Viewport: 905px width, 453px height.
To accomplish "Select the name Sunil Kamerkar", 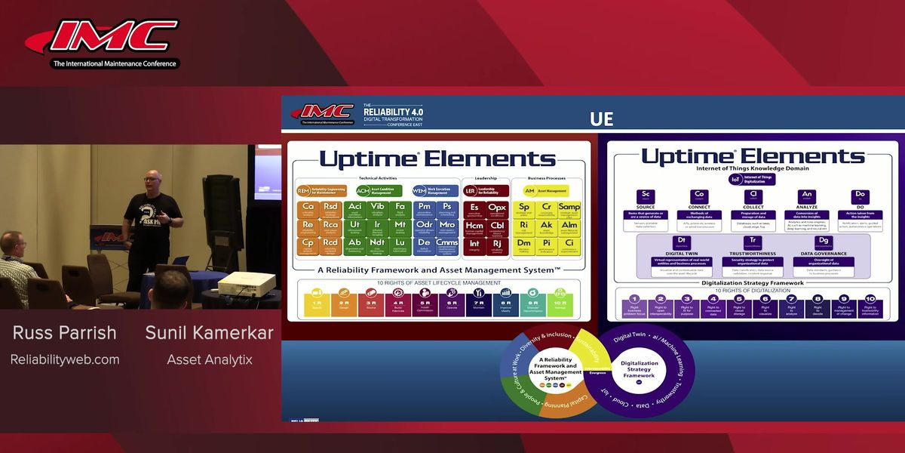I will tap(209, 333).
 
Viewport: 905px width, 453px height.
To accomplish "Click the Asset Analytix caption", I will tap(209, 360).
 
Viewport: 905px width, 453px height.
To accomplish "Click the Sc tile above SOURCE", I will tap(646, 198).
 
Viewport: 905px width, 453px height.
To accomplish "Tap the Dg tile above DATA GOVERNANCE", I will tap(822, 243).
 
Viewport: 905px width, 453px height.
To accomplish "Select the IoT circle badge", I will tap(735, 180).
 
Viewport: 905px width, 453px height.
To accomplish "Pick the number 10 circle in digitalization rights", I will tap(870, 299).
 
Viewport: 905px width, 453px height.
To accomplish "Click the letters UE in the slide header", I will tap(601, 119).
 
